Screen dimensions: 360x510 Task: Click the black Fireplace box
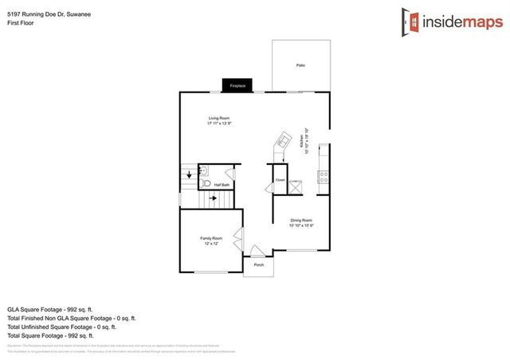coord(237,84)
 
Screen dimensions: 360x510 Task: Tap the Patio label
coord(300,65)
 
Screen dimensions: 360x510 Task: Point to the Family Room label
coord(211,238)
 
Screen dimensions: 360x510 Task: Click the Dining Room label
coord(301,220)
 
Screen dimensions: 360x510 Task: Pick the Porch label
coord(258,264)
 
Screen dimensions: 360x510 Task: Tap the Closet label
coord(280,181)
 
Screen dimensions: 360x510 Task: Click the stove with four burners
coord(324,177)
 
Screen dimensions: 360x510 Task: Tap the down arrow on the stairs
coord(189,174)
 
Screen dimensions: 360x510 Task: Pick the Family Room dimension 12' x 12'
coord(211,244)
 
